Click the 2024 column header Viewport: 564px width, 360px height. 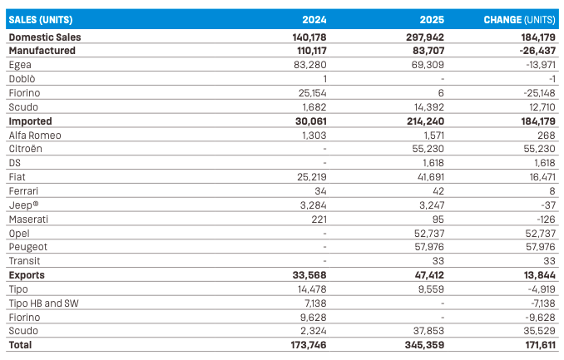tap(314, 19)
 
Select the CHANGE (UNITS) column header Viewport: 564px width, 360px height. tap(519, 20)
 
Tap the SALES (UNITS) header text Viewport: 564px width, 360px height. tap(41, 20)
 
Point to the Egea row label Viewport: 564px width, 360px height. tap(20, 65)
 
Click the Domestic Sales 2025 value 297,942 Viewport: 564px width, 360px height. tap(425, 37)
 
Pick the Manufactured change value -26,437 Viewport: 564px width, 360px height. tap(537, 51)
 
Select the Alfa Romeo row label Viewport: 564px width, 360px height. tap(35, 136)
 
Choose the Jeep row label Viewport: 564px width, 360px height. tap(23, 205)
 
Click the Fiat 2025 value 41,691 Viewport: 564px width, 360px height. tap(428, 177)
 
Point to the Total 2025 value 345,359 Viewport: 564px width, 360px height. tap(424, 345)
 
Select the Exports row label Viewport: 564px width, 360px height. tap(27, 275)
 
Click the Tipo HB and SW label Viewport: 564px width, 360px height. tap(43, 303)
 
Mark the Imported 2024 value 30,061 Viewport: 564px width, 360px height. tap(311, 121)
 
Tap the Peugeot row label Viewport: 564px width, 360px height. tap(28, 247)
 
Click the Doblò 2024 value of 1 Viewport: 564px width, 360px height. tap(324, 79)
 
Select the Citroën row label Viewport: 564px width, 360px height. tap(25, 149)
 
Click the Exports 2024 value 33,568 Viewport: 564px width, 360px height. tap(309, 275)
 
